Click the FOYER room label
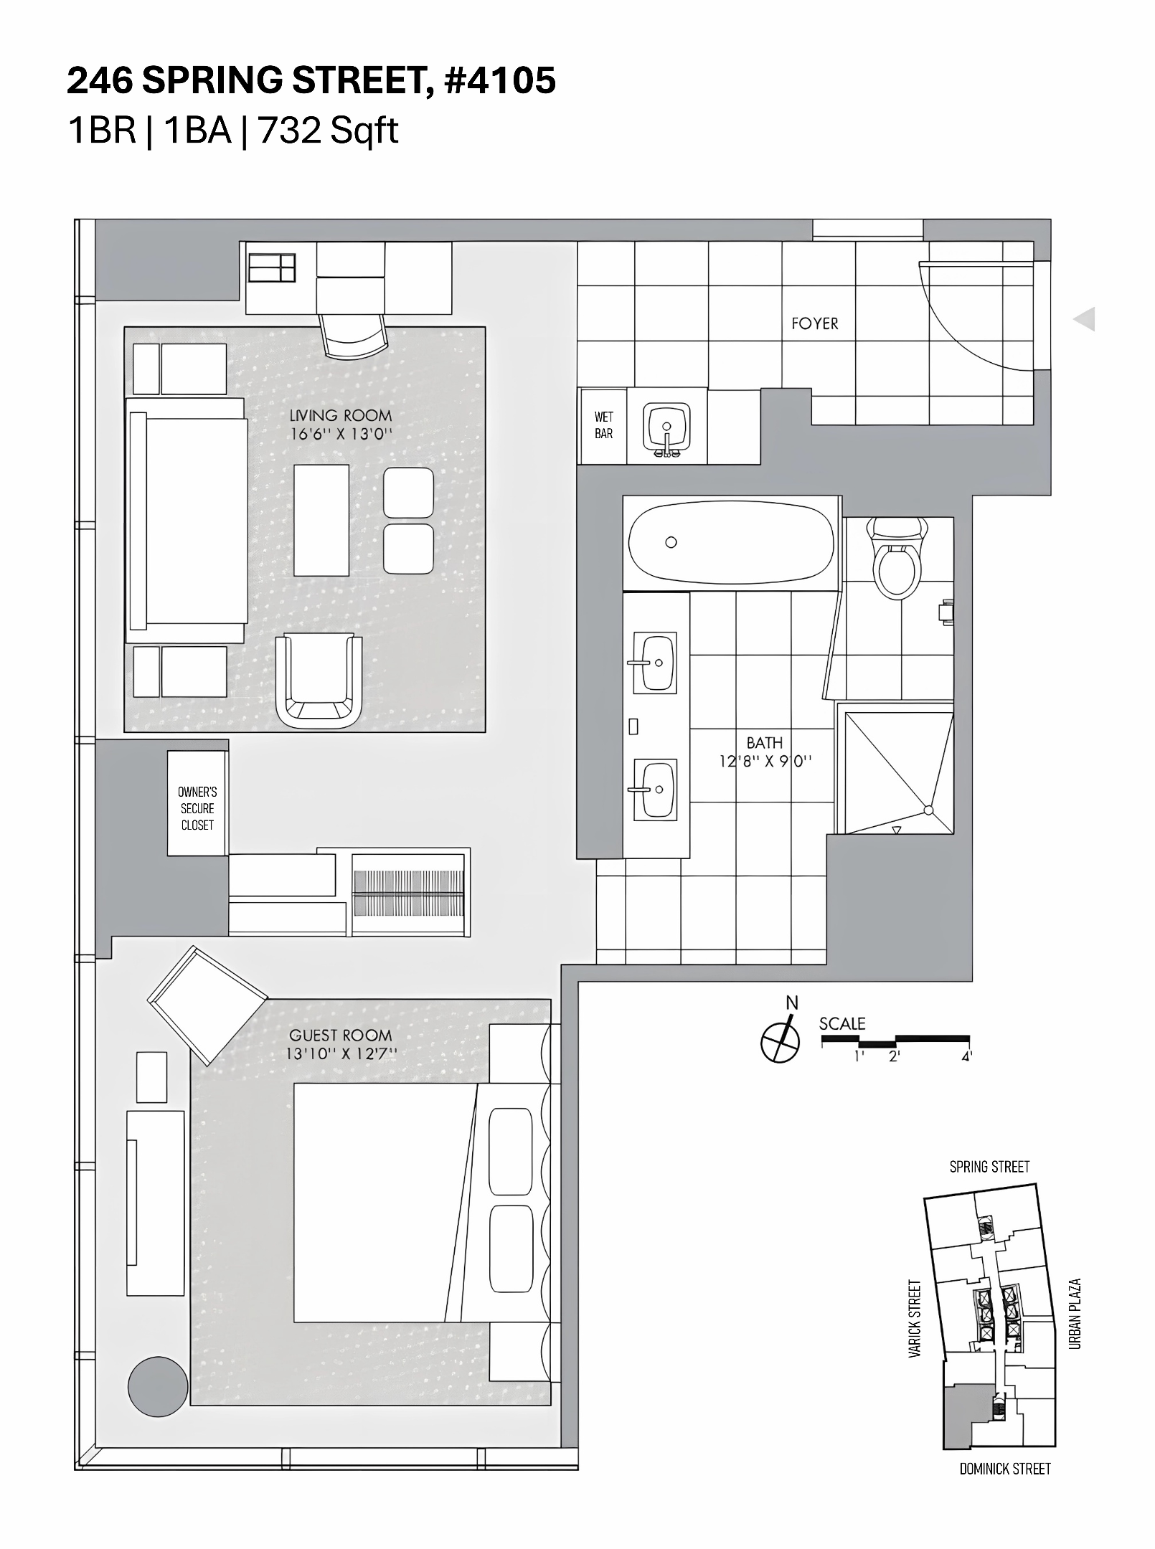pos(814,323)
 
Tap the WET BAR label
pos(603,425)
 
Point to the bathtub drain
pos(671,542)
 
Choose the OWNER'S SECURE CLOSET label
pos(197,808)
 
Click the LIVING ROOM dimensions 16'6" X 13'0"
pos(341,434)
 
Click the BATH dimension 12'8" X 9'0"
pos(765,760)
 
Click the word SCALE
pos(842,1024)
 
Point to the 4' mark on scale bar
pos(966,1056)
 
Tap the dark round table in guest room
pos(158,1386)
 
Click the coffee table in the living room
pos(321,520)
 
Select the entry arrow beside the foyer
pos(1084,318)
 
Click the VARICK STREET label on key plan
pos(914,1319)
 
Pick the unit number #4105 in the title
pos(499,80)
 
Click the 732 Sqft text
pos(328,131)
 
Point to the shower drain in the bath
pos(928,810)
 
